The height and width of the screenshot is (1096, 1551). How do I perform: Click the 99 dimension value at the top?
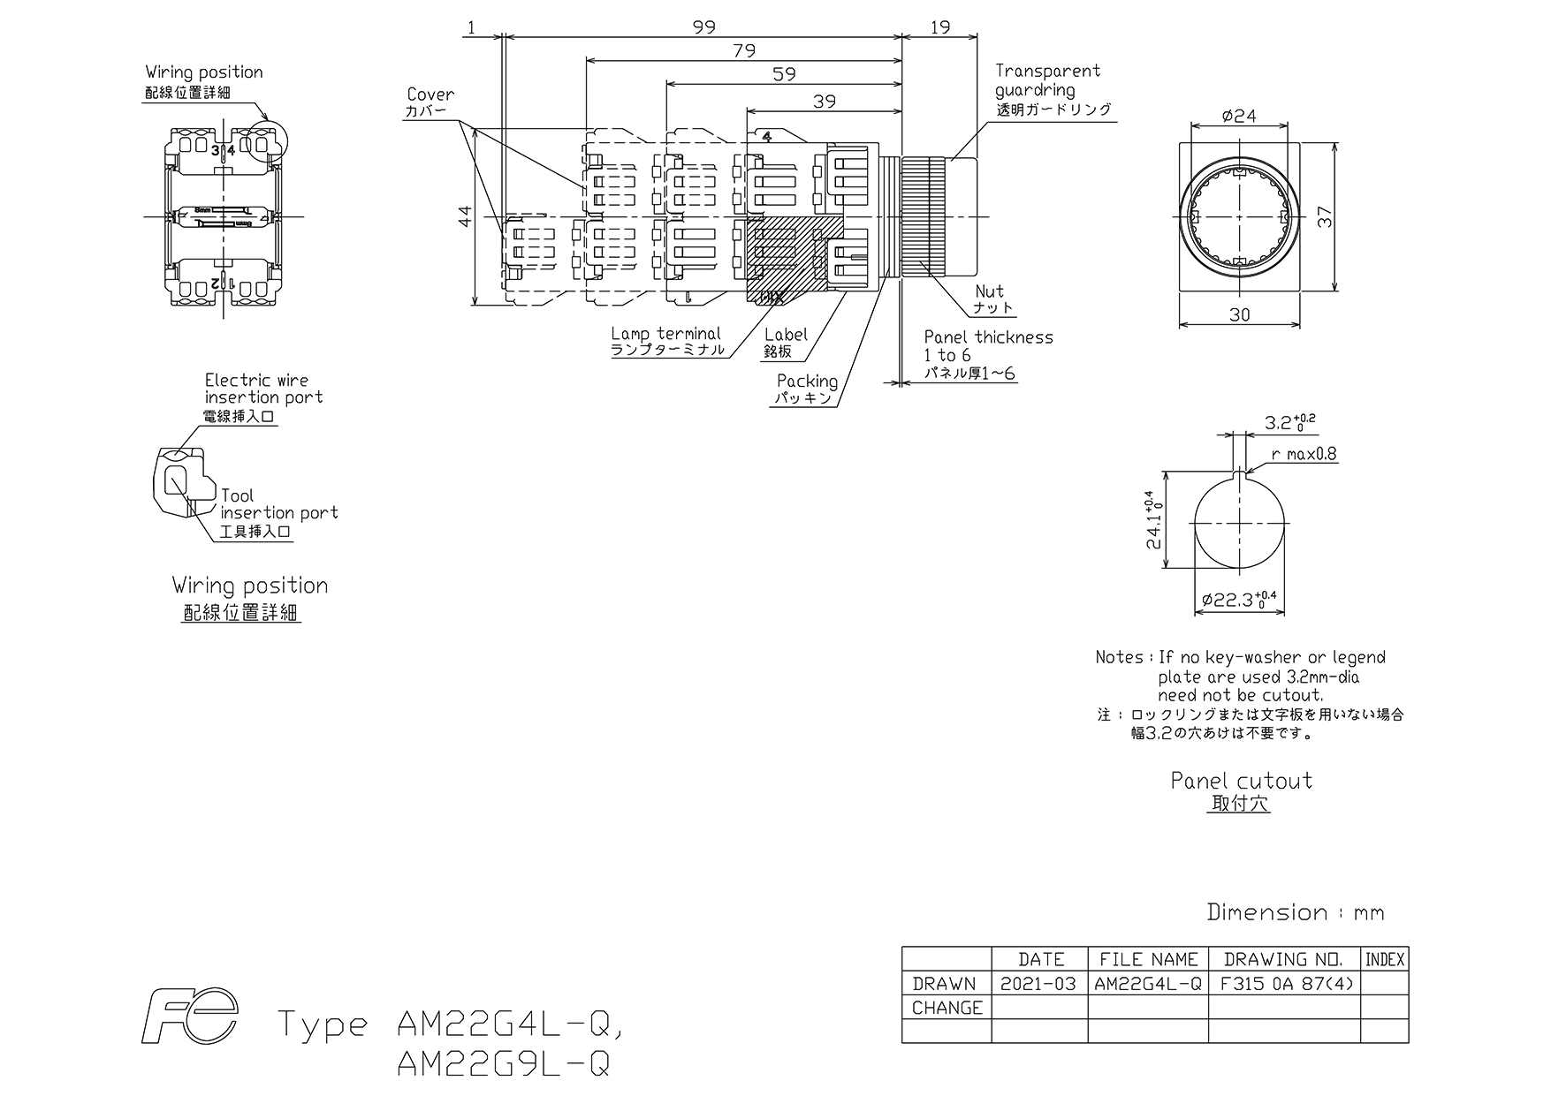pyautogui.click(x=703, y=27)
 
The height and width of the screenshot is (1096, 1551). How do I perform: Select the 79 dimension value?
pyautogui.click(x=744, y=51)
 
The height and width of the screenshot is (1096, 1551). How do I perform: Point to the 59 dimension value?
pyautogui.click(x=784, y=75)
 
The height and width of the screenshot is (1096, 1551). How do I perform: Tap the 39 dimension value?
pyautogui.click(x=824, y=102)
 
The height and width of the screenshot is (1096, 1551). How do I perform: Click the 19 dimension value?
pyautogui.click(x=940, y=27)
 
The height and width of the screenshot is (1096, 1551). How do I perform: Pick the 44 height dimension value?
pyautogui.click(x=467, y=216)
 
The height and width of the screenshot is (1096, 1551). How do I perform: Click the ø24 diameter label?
pyautogui.click(x=1239, y=116)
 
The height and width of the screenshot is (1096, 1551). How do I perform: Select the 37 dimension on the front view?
pyautogui.click(x=1325, y=216)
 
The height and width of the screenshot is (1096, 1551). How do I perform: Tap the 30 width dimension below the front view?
pyautogui.click(x=1240, y=314)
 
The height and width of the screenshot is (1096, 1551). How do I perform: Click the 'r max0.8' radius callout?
pyautogui.click(x=1304, y=455)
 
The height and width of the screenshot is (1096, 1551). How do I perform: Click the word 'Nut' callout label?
pyautogui.click(x=990, y=291)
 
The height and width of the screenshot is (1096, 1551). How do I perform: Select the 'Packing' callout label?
pyautogui.click(x=807, y=381)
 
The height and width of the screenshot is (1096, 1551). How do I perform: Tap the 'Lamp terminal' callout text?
pyautogui.click(x=665, y=334)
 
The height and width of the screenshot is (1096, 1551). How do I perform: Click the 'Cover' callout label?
pyautogui.click(x=430, y=94)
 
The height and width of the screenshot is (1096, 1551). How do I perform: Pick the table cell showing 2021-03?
pyautogui.click(x=1038, y=984)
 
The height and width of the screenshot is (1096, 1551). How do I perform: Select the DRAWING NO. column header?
pyautogui.click(x=1283, y=959)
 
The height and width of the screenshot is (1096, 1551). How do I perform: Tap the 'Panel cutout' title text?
pyautogui.click(x=1241, y=781)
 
